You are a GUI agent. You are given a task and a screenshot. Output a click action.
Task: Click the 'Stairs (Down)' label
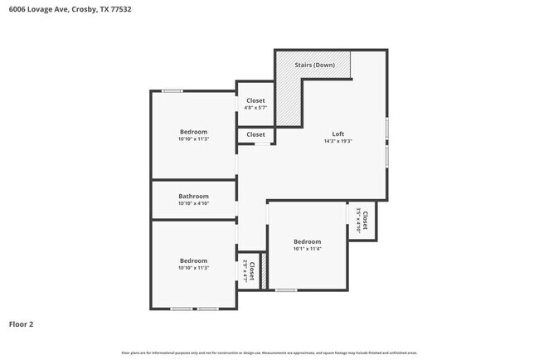tap(315, 64)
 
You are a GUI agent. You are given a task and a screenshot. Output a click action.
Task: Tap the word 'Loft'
tap(338, 134)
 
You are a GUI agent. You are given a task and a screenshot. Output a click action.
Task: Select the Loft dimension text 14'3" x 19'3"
tap(338, 141)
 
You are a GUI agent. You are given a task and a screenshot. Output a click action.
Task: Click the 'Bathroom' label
tap(193, 197)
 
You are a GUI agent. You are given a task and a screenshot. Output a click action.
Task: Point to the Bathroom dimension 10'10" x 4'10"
tap(193, 204)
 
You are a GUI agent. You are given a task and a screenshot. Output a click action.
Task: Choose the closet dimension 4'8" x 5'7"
tap(255, 108)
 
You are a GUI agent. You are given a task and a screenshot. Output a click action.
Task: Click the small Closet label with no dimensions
tap(255, 134)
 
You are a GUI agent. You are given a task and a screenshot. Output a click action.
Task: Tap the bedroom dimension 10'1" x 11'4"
tap(307, 248)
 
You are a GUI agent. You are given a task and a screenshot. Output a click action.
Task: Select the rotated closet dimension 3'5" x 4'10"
tap(358, 221)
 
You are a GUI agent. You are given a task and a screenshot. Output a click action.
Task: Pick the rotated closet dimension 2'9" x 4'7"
tap(246, 271)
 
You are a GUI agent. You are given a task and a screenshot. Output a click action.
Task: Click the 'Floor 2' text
tap(22, 324)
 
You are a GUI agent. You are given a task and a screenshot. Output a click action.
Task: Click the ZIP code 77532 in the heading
tap(119, 10)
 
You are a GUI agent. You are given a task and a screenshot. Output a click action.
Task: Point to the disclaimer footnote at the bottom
tap(269, 353)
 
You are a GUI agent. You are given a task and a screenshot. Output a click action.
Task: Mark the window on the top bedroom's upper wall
tap(172, 90)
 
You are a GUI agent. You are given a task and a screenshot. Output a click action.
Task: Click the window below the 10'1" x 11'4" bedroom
tap(286, 289)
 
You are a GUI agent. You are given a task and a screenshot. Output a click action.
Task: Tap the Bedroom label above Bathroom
tap(193, 132)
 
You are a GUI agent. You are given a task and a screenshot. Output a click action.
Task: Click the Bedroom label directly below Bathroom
tap(193, 260)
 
